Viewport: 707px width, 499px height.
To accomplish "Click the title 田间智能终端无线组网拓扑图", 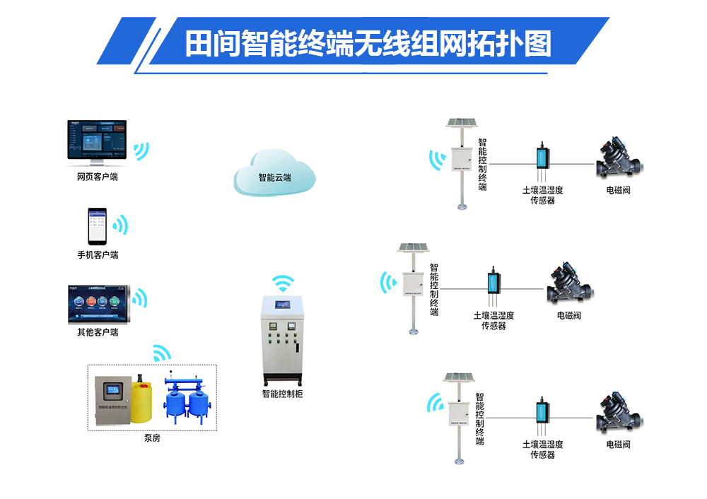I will pyautogui.click(x=368, y=44).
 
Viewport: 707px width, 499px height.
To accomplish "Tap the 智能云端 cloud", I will pyautogui.click(x=274, y=176).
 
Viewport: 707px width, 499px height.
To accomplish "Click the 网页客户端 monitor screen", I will pyautogui.click(x=98, y=141).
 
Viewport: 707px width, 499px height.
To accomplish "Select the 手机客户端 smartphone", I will pyautogui.click(x=97, y=227).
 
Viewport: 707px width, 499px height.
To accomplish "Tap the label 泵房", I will pyautogui.click(x=152, y=438).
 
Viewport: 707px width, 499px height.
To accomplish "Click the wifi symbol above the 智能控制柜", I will pyautogui.click(x=284, y=283).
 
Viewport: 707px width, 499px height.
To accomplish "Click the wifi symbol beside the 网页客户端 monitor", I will pyautogui.click(x=142, y=150).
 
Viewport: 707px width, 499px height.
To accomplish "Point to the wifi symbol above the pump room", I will pyautogui.click(x=162, y=352).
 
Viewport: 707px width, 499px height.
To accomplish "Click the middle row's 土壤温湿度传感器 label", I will pyautogui.click(x=493, y=321).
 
